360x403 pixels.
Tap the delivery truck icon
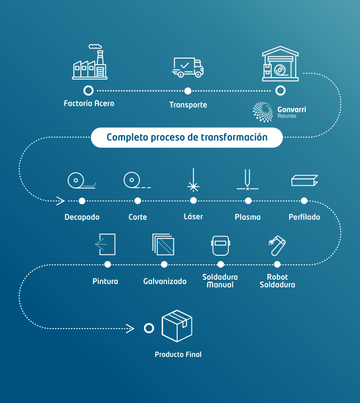point(188,67)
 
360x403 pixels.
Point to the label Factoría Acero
point(89,103)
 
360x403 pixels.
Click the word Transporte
point(188,105)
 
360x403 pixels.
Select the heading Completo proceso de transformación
point(187,138)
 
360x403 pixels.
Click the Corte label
point(138,217)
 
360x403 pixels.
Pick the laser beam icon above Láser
point(193,180)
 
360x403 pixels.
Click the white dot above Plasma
point(248,201)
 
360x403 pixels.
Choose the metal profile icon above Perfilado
point(304,180)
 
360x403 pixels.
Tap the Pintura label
point(105,281)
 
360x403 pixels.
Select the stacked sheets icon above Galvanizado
point(163,245)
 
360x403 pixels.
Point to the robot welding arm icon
point(277,244)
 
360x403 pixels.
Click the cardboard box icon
point(177,326)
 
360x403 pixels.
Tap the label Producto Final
point(178,355)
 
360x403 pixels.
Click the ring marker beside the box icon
point(149,328)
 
